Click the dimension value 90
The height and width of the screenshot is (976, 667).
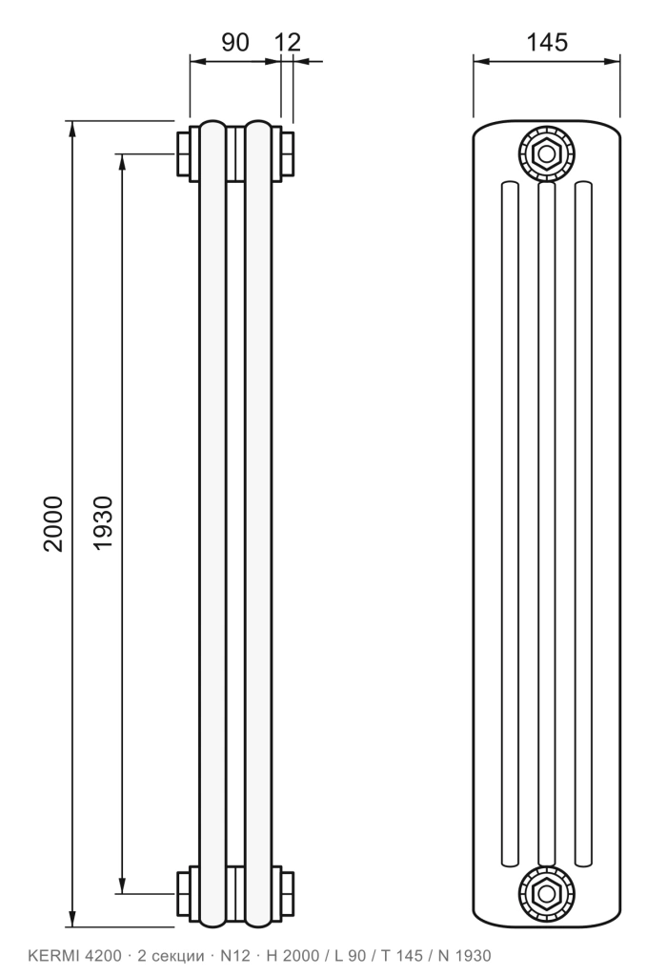235,42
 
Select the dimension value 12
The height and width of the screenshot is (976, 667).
287,42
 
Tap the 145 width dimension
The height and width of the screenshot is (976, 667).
548,42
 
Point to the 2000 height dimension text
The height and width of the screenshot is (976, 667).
53,523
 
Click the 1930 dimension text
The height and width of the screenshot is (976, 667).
103,523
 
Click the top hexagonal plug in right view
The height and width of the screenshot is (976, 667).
546,153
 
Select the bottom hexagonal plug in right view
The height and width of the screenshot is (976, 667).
546,894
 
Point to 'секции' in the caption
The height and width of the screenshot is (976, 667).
180,956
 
